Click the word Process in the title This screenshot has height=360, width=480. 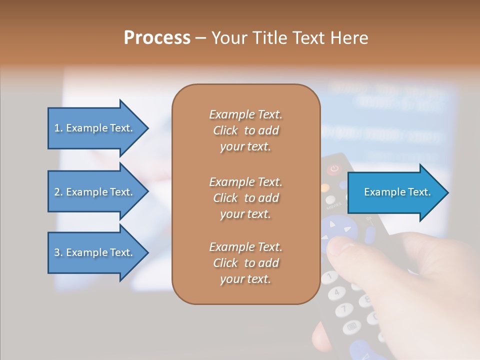(157, 38)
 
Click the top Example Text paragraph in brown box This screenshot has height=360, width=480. (245, 130)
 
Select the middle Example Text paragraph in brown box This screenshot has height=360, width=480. (245, 198)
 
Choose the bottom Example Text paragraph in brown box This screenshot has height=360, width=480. (245, 263)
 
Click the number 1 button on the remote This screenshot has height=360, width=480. (330, 275)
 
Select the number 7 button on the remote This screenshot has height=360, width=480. (344, 309)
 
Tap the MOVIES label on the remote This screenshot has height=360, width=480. (333, 205)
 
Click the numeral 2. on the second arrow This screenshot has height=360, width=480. (58, 192)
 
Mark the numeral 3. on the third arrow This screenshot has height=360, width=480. (58, 252)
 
